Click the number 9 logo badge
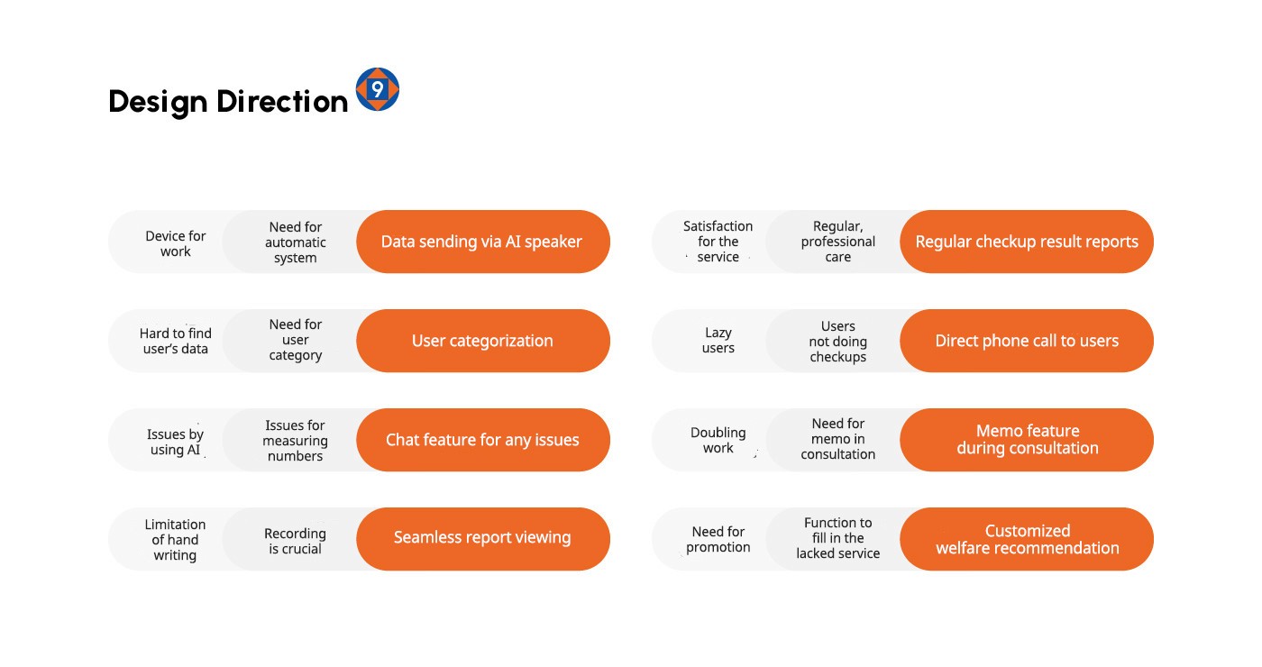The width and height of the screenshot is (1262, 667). tap(378, 89)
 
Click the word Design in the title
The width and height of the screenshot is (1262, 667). tap(158, 102)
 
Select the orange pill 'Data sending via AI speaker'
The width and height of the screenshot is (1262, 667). tap(483, 242)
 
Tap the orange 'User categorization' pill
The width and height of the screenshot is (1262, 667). tap(483, 341)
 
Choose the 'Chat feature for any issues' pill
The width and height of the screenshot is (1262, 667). tap(483, 440)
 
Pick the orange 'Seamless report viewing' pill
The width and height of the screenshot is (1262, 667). tap(483, 539)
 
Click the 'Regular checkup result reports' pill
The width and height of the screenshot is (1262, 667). tap(1027, 242)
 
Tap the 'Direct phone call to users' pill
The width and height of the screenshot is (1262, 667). tap(1027, 341)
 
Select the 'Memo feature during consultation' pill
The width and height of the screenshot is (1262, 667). tap(1027, 440)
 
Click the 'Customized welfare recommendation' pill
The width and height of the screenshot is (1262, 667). tap(1027, 539)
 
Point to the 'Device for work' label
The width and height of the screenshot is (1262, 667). tap(175, 243)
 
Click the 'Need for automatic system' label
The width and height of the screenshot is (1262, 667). tap(296, 242)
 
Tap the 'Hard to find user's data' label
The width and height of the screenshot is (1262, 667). tap(175, 341)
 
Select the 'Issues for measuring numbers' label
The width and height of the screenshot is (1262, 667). tap(296, 441)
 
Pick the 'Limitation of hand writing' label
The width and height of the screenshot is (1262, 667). tap(175, 540)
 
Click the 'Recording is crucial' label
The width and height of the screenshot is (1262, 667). tap(296, 541)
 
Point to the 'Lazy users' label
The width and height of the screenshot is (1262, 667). tap(718, 341)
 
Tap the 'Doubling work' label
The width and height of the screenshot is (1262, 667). tap(718, 440)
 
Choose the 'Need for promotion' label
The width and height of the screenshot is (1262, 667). tap(718, 539)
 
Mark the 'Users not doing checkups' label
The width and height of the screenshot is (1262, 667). tap(837, 342)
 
